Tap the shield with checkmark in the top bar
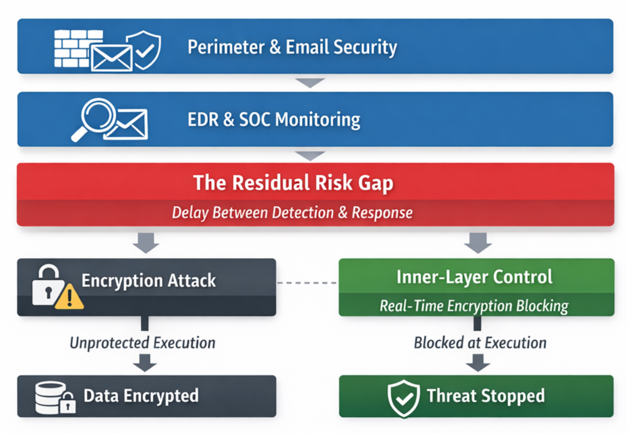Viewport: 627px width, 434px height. [x=143, y=48]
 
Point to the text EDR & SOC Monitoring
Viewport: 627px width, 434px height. [x=274, y=119]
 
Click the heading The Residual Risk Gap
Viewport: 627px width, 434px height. [x=293, y=183]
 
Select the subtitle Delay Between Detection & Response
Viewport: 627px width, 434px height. [x=293, y=213]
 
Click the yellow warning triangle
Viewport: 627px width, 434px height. [x=70, y=297]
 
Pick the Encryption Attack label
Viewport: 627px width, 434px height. [x=148, y=281]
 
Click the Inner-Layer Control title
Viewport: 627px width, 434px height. [x=474, y=276]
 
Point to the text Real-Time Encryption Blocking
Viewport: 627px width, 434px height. [x=474, y=306]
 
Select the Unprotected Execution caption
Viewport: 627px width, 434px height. [x=143, y=343]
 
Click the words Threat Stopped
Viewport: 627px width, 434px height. [x=485, y=396]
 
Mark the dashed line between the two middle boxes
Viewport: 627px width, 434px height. [x=307, y=283]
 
